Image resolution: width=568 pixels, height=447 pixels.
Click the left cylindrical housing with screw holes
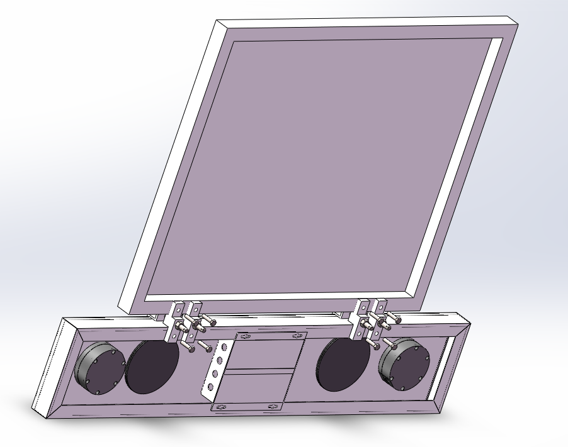coord(98,368)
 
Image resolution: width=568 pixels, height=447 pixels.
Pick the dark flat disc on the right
coord(343,364)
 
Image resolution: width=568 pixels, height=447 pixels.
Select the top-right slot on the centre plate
coord(297,336)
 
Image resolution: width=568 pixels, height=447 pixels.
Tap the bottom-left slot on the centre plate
coord(221,408)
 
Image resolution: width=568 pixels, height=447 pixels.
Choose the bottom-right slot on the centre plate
coord(273,407)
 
